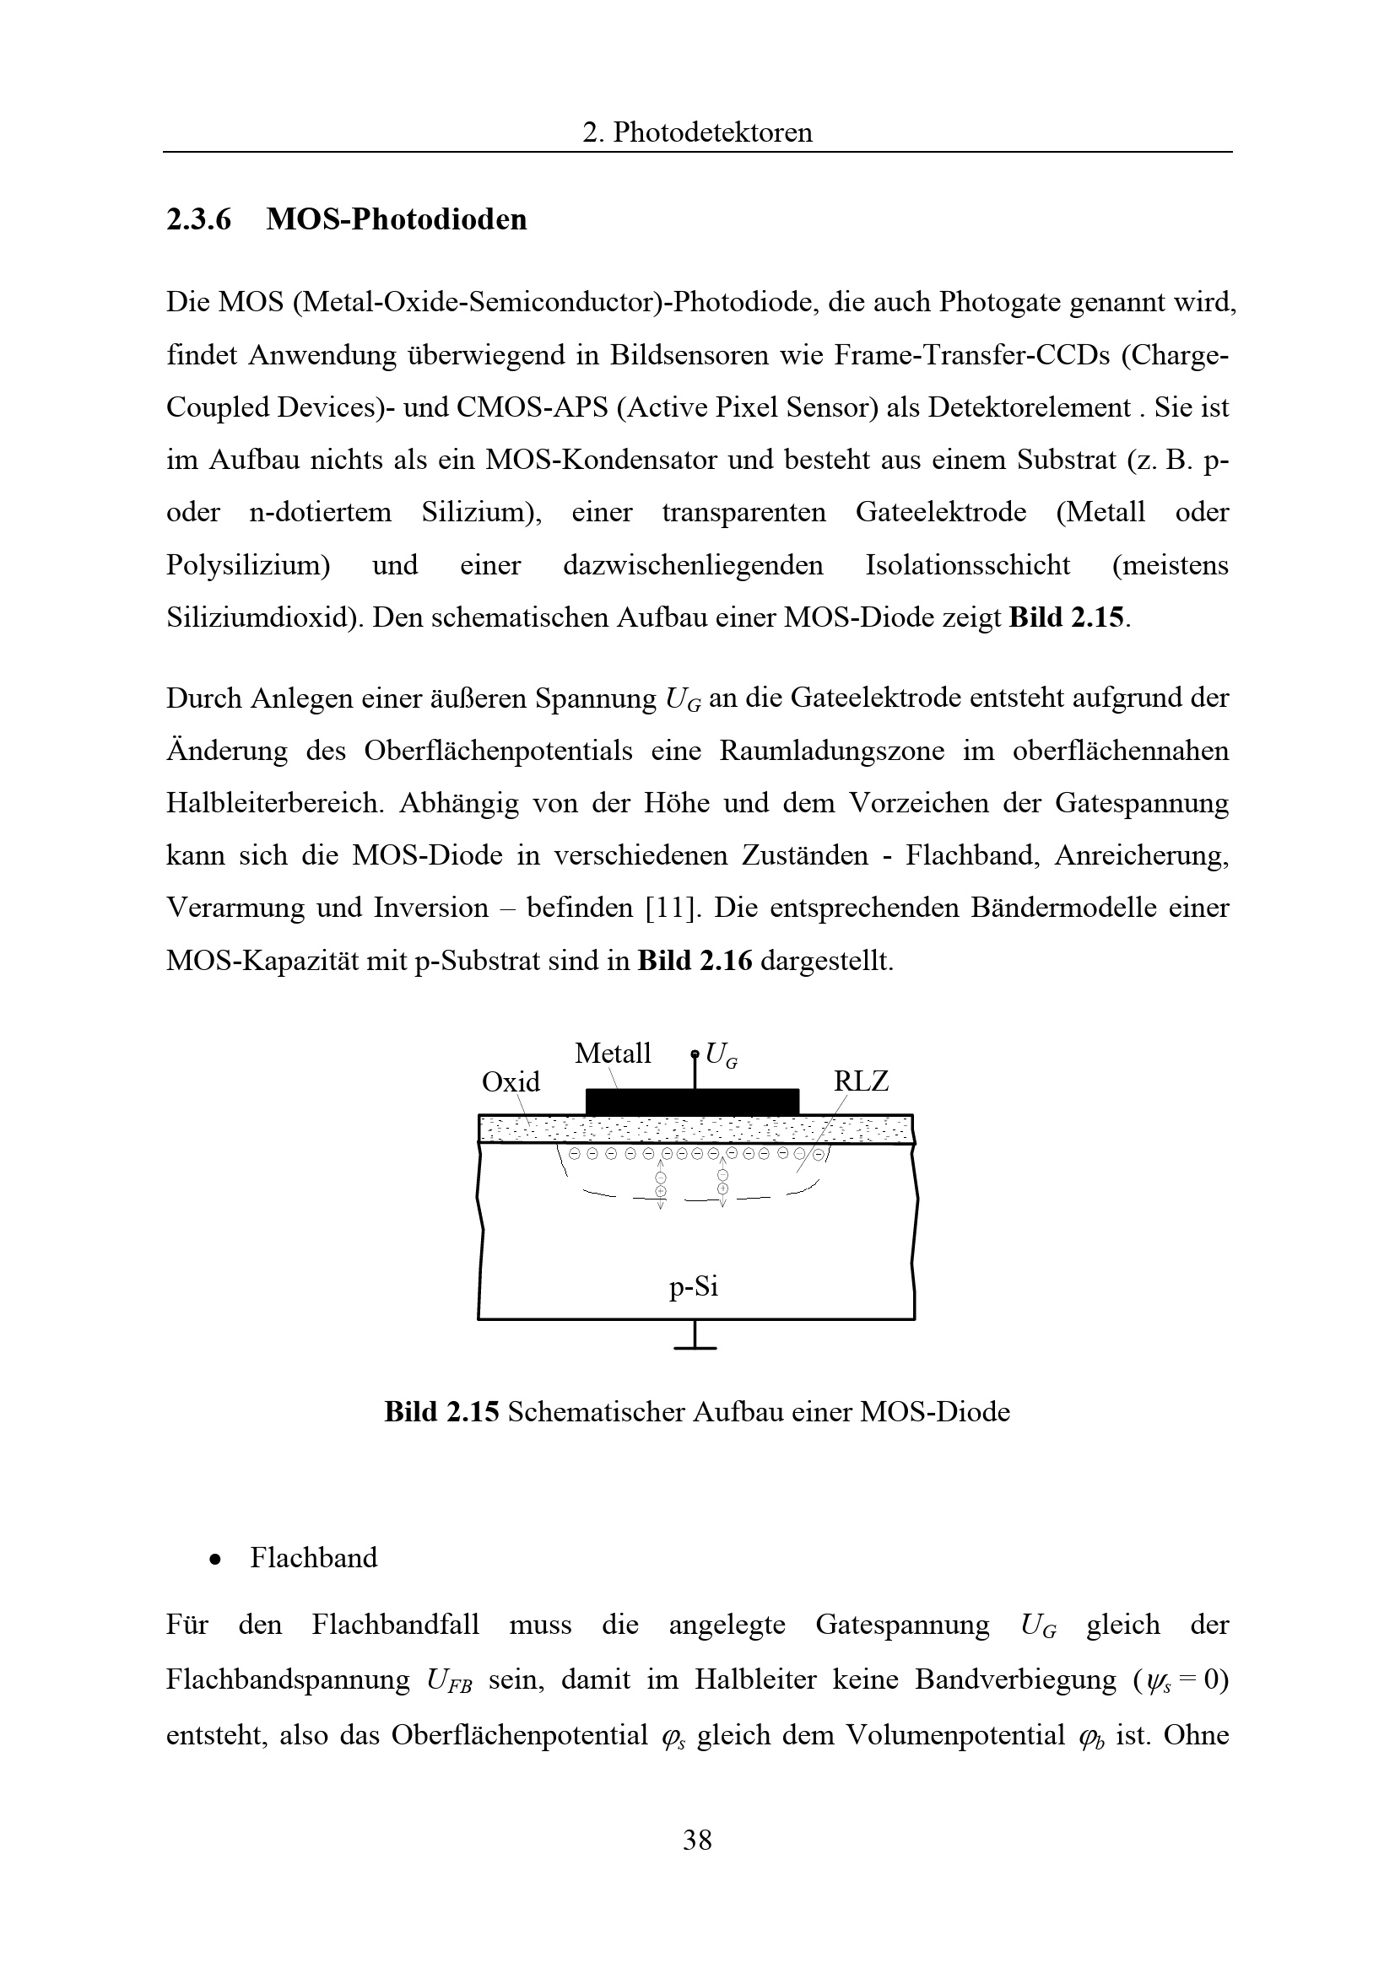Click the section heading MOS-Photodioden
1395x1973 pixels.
[x=397, y=220]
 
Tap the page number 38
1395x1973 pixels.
[x=697, y=1840]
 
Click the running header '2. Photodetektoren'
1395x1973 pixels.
[x=697, y=132]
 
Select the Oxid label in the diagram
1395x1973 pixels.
[x=511, y=1082]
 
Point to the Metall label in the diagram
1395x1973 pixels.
[x=613, y=1054]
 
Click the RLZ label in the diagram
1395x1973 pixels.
[x=861, y=1081]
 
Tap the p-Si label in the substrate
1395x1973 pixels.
[x=694, y=1286]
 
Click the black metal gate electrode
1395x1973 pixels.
[x=692, y=1102]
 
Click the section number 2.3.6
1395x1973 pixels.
[x=198, y=220]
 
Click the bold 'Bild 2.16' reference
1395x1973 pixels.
[x=695, y=961]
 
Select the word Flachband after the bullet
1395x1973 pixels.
[x=314, y=1558]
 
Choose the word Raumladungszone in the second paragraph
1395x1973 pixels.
[x=831, y=751]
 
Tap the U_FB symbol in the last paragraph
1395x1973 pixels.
[x=449, y=1681]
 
